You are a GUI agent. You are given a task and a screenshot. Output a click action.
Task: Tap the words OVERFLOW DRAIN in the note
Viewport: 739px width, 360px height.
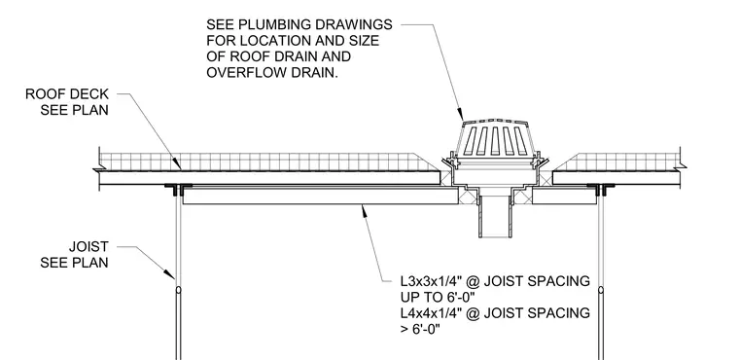pyautogui.click(x=272, y=73)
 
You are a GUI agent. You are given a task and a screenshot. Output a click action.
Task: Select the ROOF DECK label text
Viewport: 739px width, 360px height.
pyautogui.click(x=67, y=94)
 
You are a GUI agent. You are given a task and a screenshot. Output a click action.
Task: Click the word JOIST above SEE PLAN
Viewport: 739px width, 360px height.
pyautogui.click(x=88, y=247)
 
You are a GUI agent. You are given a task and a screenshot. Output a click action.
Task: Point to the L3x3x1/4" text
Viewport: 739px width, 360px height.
pyautogui.click(x=431, y=281)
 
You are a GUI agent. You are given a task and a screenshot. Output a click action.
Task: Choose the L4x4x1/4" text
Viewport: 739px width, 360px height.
pyautogui.click(x=431, y=313)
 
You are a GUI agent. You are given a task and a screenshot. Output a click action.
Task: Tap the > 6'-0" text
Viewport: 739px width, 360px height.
pyautogui.click(x=420, y=329)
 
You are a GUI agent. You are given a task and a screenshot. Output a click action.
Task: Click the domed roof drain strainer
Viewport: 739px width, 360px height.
pyautogui.click(x=494, y=138)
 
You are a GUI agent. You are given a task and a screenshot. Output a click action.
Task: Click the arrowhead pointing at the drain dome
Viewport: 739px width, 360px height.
pyautogui.click(x=461, y=114)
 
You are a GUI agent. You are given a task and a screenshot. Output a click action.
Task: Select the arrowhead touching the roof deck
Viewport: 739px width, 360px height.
pyautogui.click(x=177, y=163)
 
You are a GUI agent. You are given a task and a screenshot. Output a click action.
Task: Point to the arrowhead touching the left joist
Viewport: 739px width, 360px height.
pyautogui.click(x=169, y=273)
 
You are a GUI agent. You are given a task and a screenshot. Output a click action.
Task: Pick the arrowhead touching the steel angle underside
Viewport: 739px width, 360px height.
pyautogui.click(x=365, y=211)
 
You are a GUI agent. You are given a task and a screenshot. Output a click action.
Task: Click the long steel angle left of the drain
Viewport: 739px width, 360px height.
pyautogui.click(x=320, y=196)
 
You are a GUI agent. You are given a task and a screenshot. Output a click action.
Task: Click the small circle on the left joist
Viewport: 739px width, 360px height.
pyautogui.click(x=178, y=290)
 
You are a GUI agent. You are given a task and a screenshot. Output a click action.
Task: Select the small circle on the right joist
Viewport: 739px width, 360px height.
pyautogui.click(x=601, y=290)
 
